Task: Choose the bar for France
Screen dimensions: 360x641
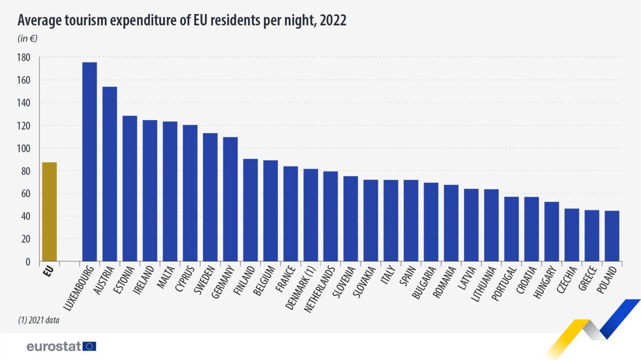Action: pyautogui.click(x=291, y=214)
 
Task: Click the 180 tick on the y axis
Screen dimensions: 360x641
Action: pyautogui.click(x=25, y=58)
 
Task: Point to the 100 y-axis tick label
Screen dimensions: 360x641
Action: pyautogui.click(x=25, y=148)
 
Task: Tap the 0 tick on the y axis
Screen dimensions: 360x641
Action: pyautogui.click(x=28, y=262)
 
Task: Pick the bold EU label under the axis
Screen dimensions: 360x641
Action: pyautogui.click(x=49, y=272)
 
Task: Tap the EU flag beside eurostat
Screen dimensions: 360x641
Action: pyautogui.click(x=90, y=346)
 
